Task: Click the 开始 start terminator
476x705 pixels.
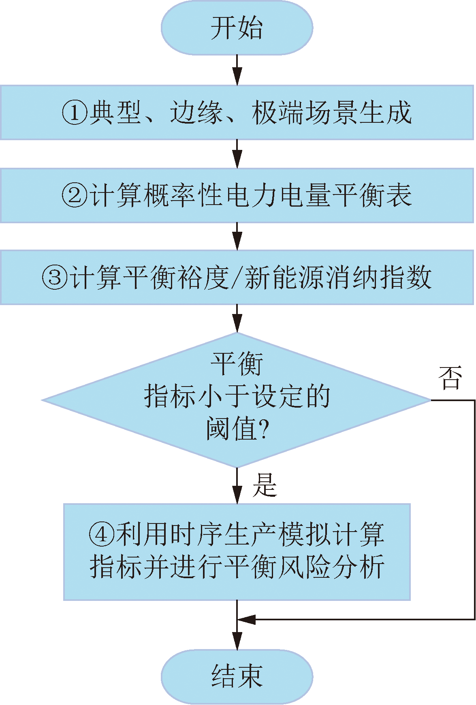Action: pos(237,28)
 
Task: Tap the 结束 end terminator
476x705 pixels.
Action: pos(237,676)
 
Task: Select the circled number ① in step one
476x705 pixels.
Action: pos(75,113)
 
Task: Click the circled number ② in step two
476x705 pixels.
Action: pos(75,195)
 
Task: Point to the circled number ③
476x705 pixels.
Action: pos(55,278)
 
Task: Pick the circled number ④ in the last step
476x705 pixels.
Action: pos(102,534)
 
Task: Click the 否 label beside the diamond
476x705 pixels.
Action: pos(450,378)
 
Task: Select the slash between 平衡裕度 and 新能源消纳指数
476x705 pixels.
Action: pos(237,278)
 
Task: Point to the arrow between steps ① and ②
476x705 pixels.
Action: pos(237,154)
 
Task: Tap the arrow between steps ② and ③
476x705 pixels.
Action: pos(237,237)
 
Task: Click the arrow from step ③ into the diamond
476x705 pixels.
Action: pos(237,319)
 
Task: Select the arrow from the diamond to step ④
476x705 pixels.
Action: pos(237,486)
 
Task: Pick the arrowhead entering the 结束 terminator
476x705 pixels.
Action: pos(237,641)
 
